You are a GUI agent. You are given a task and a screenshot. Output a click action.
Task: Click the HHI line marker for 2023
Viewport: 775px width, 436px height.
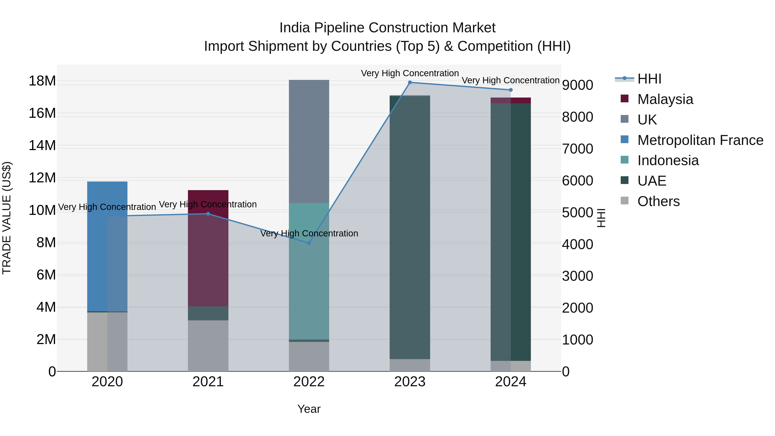410,82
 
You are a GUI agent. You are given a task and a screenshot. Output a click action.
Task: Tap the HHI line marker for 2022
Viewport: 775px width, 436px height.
309,243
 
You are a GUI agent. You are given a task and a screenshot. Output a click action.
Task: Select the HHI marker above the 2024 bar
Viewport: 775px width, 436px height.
511,90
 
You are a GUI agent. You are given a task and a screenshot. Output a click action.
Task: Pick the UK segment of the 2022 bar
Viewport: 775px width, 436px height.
309,141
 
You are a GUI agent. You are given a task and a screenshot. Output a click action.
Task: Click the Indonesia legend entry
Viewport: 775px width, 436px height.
668,160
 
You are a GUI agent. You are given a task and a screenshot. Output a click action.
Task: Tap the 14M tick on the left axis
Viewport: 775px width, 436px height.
42,146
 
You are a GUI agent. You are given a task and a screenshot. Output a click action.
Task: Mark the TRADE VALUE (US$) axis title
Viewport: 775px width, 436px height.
7,218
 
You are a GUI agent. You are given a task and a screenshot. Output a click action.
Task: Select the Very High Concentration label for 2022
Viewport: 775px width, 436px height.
309,233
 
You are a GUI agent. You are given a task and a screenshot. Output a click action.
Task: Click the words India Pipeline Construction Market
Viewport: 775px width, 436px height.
387,28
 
